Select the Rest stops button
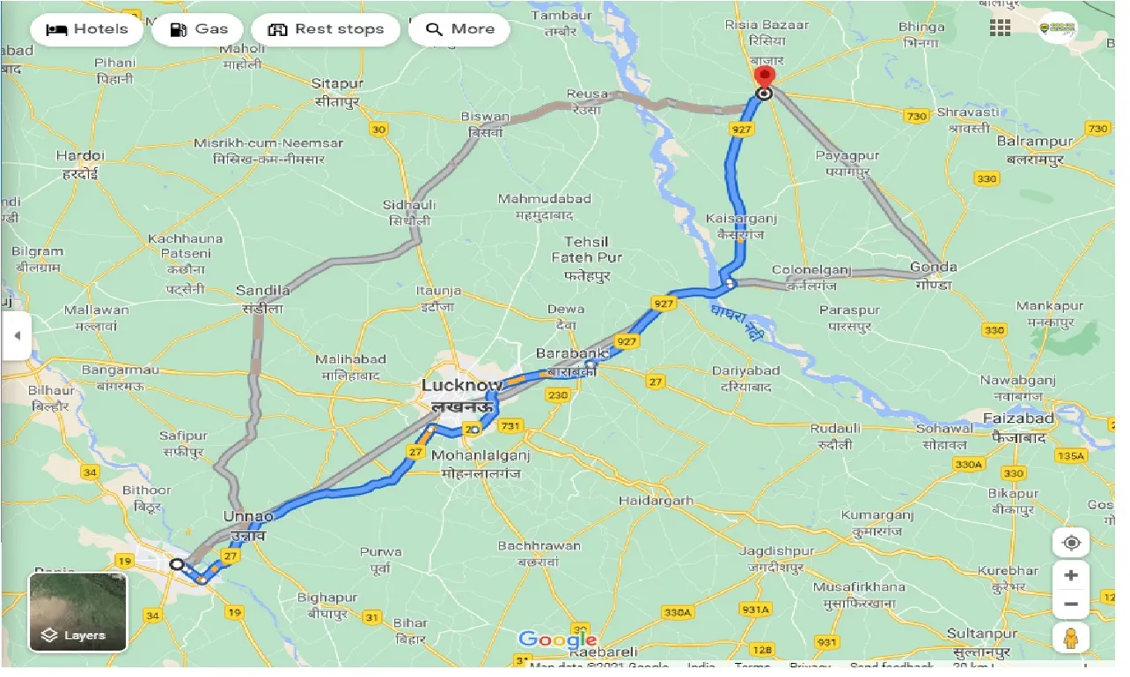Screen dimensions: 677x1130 click(x=326, y=29)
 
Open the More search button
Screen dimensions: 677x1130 click(x=459, y=29)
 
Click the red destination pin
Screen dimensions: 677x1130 click(x=764, y=77)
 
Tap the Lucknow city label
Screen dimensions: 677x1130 click(x=461, y=385)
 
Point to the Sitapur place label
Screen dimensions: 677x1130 click(x=337, y=84)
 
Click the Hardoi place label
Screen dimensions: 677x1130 click(x=80, y=156)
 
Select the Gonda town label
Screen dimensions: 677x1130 click(x=935, y=267)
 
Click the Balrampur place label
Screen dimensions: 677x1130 click(x=1034, y=141)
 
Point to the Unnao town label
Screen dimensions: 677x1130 click(x=248, y=516)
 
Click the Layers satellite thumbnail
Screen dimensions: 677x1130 click(x=78, y=612)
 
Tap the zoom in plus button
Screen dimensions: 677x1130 click(x=1071, y=575)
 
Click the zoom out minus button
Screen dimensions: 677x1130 click(x=1071, y=604)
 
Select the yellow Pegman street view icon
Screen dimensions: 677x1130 click(x=1071, y=637)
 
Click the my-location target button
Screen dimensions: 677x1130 click(x=1071, y=542)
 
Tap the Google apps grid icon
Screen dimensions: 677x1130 click(x=1000, y=27)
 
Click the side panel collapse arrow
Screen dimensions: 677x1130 click(x=16, y=336)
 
